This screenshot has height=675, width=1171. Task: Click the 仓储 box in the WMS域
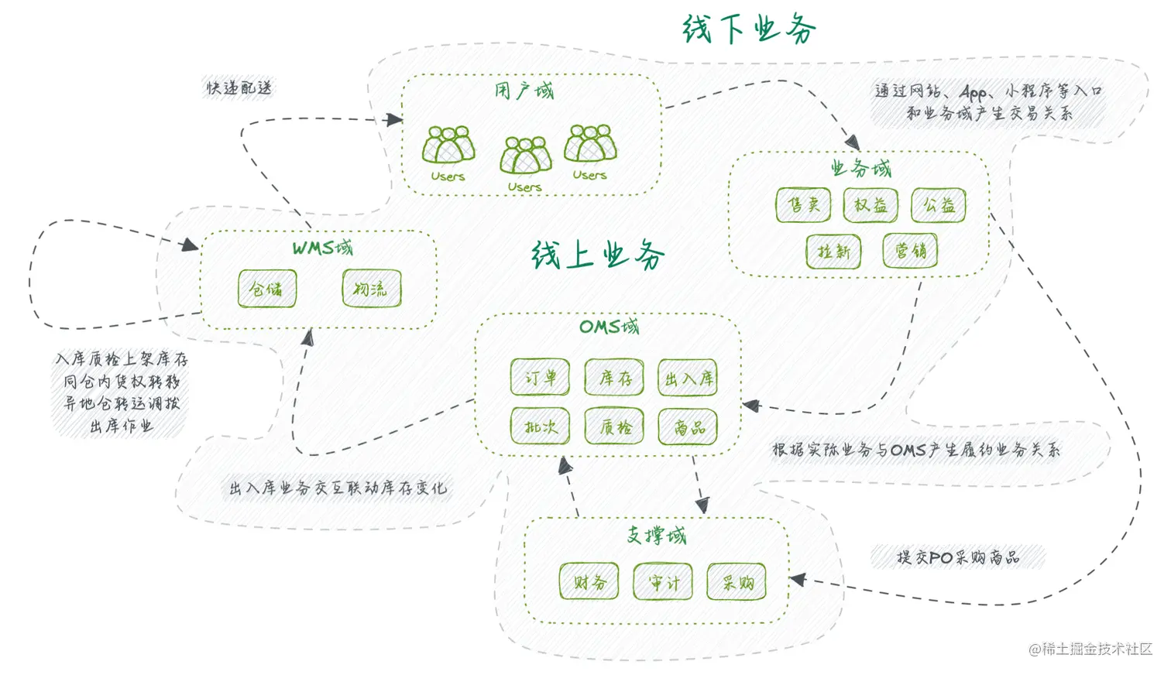[x=267, y=289]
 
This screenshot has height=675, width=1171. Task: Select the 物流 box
[x=372, y=289]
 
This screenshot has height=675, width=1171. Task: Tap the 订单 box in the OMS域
[x=540, y=378]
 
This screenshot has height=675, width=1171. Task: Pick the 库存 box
[x=614, y=378]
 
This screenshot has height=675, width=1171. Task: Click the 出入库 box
[x=688, y=378]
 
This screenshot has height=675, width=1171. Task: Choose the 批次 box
[x=540, y=427]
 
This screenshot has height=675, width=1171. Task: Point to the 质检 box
[x=614, y=427]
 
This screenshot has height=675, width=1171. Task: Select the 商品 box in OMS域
[x=688, y=427]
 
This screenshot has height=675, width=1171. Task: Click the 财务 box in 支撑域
[x=589, y=581]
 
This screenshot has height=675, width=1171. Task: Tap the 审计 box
[x=663, y=581]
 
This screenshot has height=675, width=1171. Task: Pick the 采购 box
[x=737, y=581]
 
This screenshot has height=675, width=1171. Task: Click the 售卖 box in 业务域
[x=803, y=205]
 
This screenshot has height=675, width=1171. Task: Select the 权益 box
[x=871, y=205]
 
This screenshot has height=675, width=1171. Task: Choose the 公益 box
[x=939, y=205]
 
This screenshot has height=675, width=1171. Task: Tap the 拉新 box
[x=833, y=252]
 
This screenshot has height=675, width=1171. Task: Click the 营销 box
[x=910, y=251]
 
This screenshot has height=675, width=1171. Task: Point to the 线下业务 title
[x=748, y=29]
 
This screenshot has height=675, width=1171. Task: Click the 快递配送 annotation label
[x=239, y=87]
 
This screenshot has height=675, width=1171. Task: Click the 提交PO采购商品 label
[x=958, y=557]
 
